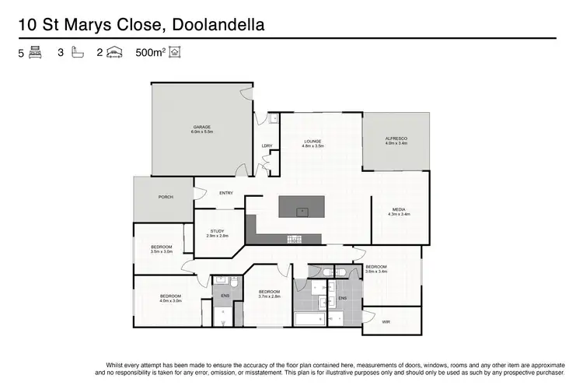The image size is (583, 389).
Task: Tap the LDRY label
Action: [267, 145]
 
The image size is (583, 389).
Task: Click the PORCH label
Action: [166, 198]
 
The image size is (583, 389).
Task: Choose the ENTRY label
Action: [226, 194]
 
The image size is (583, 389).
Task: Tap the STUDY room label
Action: [217, 233]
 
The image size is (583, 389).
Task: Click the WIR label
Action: [386, 321]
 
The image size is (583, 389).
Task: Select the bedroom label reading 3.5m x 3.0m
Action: [161, 249]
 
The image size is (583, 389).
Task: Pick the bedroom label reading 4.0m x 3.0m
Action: [171, 298]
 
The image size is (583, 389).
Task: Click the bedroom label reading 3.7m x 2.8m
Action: [269, 294]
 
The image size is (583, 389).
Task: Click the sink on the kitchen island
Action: [302, 210]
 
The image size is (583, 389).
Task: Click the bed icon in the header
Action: [35, 53]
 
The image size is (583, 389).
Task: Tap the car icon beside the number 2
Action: [115, 53]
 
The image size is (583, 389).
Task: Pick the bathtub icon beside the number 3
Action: [76, 53]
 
